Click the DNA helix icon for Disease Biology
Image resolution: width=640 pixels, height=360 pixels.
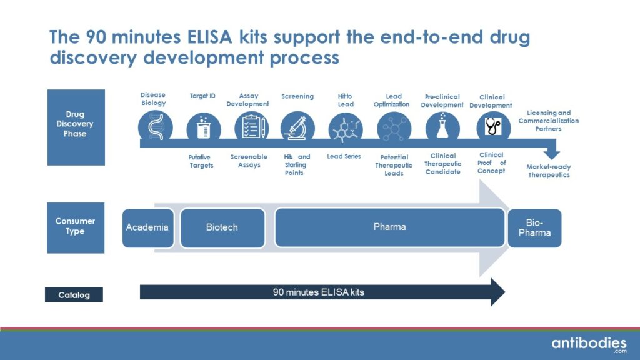tap(154, 127)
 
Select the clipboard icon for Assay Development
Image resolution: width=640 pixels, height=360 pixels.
tap(251, 127)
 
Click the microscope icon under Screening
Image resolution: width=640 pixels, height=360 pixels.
tap(297, 127)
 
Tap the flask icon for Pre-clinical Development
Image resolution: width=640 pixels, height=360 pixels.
tap(442, 127)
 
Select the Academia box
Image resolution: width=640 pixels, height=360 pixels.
tap(147, 227)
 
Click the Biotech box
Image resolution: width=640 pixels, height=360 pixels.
tap(222, 227)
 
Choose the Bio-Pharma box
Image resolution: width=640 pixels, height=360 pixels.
tap(534, 227)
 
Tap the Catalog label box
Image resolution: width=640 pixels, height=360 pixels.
tap(74, 295)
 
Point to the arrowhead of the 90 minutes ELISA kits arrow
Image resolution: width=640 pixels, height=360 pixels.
tap(497, 292)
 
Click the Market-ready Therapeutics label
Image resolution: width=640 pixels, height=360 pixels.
tap(549, 171)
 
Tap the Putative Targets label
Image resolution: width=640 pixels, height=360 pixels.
tap(201, 161)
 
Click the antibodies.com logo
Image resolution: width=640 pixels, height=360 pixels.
tap(588, 344)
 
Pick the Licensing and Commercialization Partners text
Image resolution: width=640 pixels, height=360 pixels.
tap(549, 121)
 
